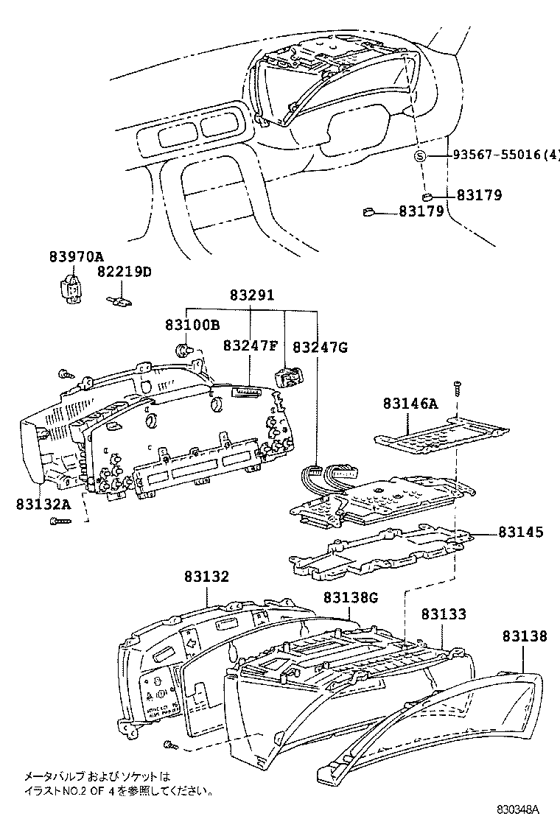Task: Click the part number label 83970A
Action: pos(76,257)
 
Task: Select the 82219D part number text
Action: pos(124,272)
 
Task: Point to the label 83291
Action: pos(251,295)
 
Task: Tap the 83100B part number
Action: pos(192,325)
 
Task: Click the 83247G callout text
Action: pos(320,346)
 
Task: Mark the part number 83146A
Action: pos(410,403)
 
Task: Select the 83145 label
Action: pos(520,531)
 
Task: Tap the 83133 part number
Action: pos(444,614)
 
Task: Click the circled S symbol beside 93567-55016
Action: pos(420,155)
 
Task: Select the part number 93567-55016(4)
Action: pos(505,155)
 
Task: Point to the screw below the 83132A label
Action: pos(60,521)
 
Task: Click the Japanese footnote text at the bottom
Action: pos(118,784)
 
